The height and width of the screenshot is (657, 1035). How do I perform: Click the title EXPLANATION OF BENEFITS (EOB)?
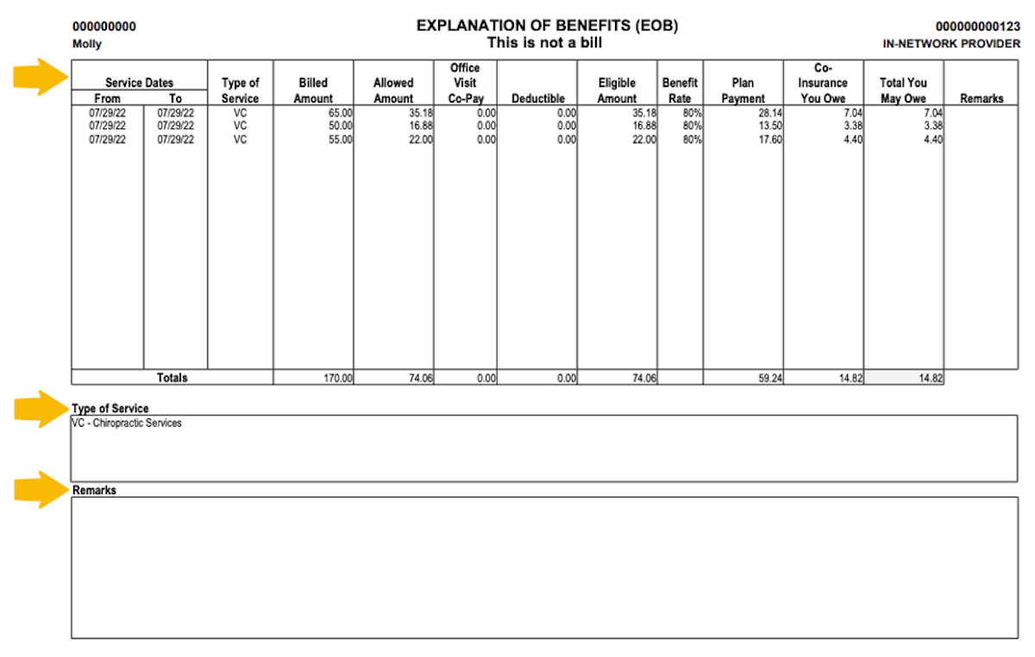point(547,26)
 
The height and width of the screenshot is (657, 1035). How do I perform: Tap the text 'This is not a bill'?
point(544,42)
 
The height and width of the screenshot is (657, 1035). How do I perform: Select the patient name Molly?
point(86,43)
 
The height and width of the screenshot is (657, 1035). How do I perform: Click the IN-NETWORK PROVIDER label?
point(951,43)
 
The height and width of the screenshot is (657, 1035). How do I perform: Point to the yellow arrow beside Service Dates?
point(40,78)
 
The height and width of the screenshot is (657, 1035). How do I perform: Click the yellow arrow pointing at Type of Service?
point(40,408)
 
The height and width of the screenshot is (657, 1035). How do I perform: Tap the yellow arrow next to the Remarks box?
point(40,489)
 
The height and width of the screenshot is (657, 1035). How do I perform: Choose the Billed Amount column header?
point(313,91)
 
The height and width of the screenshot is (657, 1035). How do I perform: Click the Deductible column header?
point(537,98)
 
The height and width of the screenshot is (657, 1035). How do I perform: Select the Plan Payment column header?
point(743,91)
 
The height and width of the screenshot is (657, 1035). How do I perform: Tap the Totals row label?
point(172,378)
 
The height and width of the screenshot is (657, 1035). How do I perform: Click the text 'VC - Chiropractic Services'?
point(127,423)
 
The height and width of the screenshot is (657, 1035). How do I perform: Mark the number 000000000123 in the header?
point(977,27)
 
